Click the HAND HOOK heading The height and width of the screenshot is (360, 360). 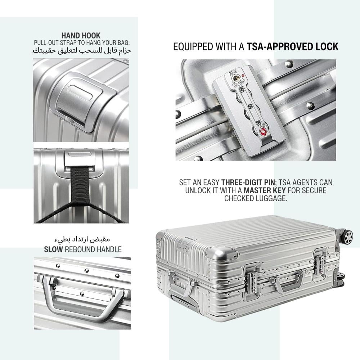pyautogui.click(x=81, y=36)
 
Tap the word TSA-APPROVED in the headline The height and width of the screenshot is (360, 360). pyautogui.click(x=279, y=46)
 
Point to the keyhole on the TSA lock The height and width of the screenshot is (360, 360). pyautogui.click(x=236, y=79)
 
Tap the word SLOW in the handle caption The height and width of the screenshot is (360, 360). pyautogui.click(x=53, y=249)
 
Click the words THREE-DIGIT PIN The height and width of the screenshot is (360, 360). pyautogui.click(x=248, y=183)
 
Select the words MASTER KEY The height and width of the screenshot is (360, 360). pyautogui.click(x=265, y=190)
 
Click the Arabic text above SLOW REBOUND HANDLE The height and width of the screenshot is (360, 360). pyautogui.click(x=82, y=239)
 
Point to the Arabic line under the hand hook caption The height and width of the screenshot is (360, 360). pyautogui.click(x=81, y=50)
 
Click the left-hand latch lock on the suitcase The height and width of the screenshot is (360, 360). pyautogui.click(x=252, y=282)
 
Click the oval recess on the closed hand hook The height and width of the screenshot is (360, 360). pyautogui.click(x=81, y=93)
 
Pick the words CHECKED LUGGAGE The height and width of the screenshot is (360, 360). pyautogui.click(x=256, y=198)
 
